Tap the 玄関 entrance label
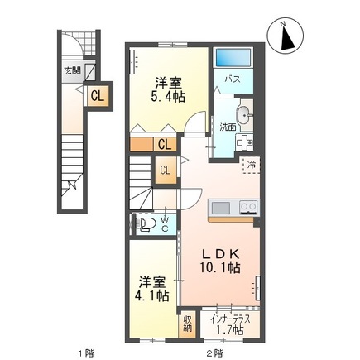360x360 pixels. [x=72, y=71]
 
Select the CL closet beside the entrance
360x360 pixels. [x=97, y=96]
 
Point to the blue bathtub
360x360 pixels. [x=233, y=58]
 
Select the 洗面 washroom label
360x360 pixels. [x=228, y=127]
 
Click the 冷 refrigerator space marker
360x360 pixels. [x=250, y=165]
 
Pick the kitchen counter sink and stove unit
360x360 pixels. [x=235, y=207]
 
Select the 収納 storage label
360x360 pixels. [x=190, y=324]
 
